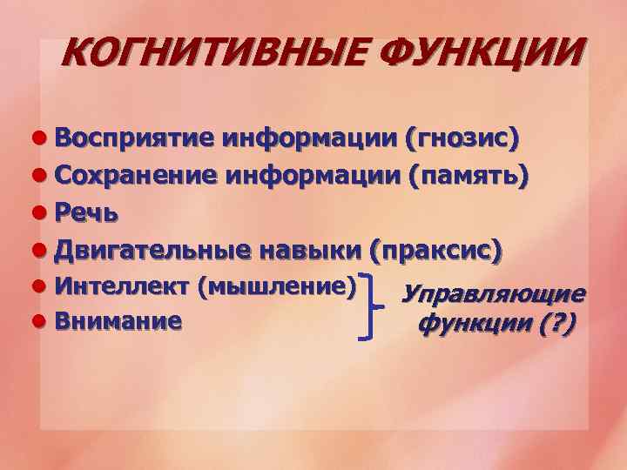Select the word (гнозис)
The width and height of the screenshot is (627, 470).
pos(462,138)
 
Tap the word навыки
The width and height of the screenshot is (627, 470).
pos(310,251)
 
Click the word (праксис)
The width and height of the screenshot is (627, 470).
pos(435,251)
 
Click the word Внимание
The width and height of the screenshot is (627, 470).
pos(118,320)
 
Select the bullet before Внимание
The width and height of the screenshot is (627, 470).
pos(39,321)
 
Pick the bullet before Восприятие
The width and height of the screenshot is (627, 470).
pos(39,138)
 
